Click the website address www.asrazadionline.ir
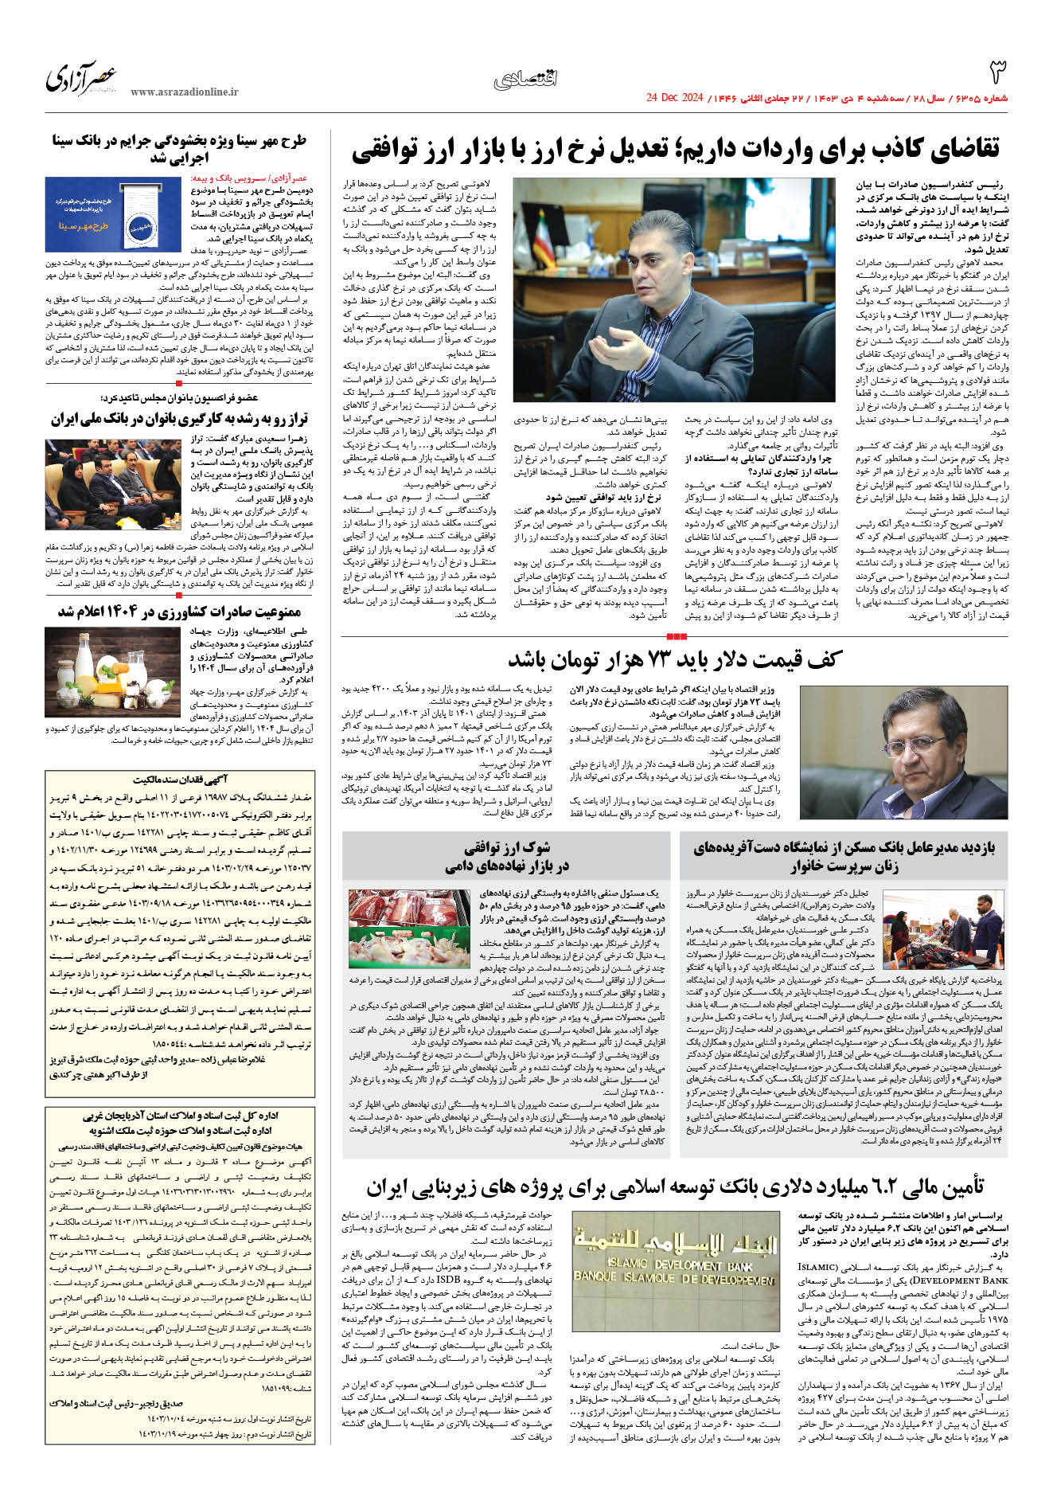point(184,92)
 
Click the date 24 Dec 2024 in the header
point(674,98)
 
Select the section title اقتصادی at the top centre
point(526,78)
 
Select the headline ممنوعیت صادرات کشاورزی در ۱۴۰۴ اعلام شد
point(179,612)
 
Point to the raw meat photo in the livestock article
point(409,928)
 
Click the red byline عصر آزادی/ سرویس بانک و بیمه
point(249,179)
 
